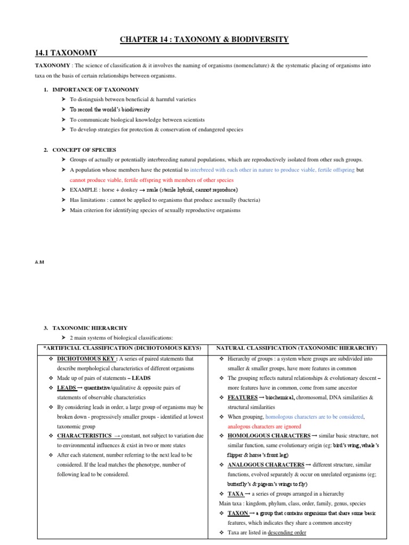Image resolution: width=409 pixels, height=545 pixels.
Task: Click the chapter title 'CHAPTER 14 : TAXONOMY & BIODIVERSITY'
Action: click(204, 39)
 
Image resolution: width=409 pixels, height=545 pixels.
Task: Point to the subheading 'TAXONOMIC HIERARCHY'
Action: click(85, 328)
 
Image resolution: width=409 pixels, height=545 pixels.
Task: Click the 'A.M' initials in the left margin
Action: click(39, 262)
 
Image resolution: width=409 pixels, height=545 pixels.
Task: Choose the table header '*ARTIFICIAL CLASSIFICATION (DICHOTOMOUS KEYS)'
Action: click(120, 348)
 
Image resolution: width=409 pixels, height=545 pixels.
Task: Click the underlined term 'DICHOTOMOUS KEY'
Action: click(86, 359)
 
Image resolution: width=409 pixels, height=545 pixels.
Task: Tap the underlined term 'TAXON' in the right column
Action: click(238, 513)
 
